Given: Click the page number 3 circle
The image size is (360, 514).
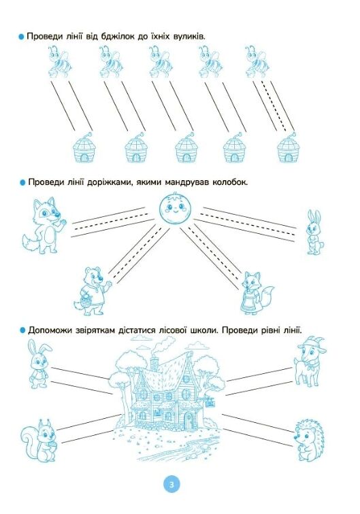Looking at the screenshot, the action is tap(171, 484).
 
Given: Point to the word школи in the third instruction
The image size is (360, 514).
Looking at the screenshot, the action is tap(203, 330).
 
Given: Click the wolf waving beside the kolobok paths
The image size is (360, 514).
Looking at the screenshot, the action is tap(44, 226).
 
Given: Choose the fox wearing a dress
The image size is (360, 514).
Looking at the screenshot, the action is tap(257, 293).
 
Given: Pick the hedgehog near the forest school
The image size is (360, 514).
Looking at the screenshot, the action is tap(309, 440).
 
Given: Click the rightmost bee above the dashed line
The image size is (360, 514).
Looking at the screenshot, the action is tap(257, 62).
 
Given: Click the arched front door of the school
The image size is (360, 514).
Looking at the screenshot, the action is tap(189, 421).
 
